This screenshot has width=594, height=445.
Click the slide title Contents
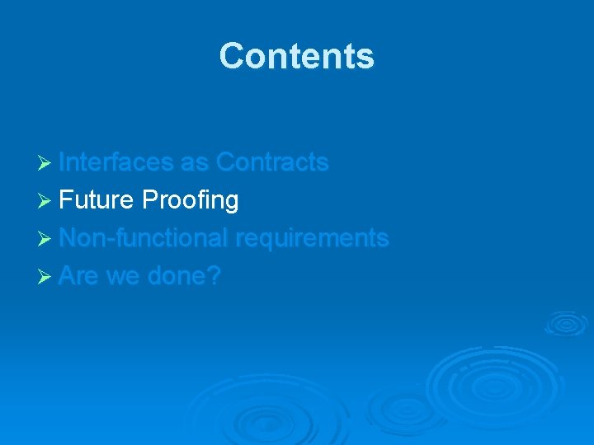tap(296, 56)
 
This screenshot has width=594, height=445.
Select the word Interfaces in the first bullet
tap(116, 162)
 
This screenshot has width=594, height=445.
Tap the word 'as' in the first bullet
tap(194, 162)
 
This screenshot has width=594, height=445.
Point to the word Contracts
tap(271, 162)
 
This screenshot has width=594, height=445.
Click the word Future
tap(97, 200)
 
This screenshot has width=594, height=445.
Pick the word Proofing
tap(190, 200)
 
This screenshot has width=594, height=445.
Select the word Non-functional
tap(144, 238)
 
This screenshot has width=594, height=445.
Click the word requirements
tap(312, 238)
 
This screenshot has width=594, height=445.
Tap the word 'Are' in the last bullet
tap(78, 276)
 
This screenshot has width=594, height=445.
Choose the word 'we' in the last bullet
tap(122, 276)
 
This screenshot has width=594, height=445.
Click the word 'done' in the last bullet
tap(177, 276)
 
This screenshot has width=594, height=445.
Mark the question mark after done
tap(214, 276)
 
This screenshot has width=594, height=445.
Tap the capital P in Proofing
tap(149, 200)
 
